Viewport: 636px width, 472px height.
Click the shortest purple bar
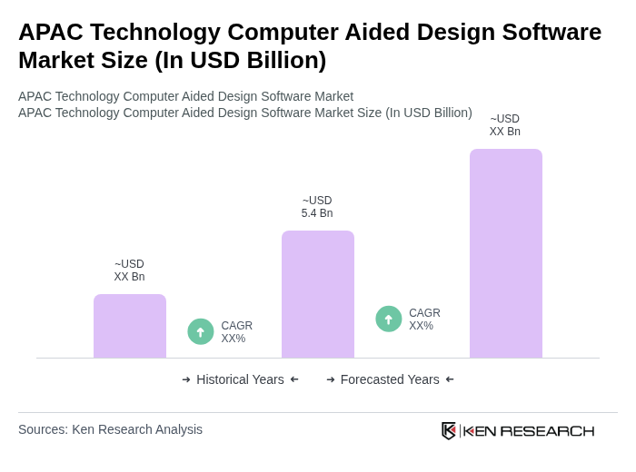click(130, 326)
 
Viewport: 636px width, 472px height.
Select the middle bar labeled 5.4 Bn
click(318, 294)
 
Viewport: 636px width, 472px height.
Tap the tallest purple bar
click(506, 253)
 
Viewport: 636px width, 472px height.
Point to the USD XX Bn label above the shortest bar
click(129, 270)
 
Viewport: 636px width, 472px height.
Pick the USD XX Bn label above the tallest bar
click(505, 125)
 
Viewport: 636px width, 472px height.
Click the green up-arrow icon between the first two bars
click(201, 331)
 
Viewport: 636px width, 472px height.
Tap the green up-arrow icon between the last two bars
click(389, 319)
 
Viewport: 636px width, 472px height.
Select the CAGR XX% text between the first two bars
click(236, 332)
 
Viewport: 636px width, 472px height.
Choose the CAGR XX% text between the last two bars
click(424, 320)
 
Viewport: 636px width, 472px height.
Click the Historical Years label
click(240, 379)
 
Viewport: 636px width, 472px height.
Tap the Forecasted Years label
click(390, 379)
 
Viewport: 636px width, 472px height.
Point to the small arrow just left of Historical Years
click(186, 379)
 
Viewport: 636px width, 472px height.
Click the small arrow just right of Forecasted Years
click(450, 379)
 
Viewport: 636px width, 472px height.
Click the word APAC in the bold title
click(49, 32)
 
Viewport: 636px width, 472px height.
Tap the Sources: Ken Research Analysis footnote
click(110, 429)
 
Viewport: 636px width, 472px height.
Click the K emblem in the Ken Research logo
click(449, 430)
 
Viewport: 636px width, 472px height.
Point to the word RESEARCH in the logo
click(547, 430)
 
